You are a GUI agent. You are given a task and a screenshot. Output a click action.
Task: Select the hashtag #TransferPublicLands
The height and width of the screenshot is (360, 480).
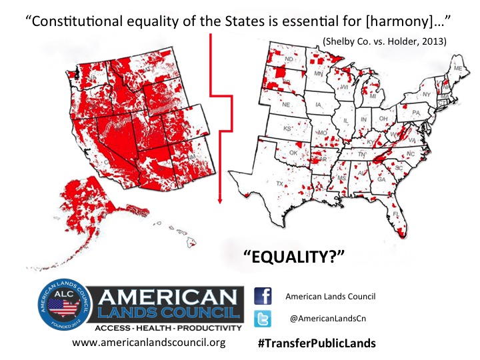click(316, 343)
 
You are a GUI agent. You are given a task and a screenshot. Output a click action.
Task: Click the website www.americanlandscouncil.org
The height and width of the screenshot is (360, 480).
click(149, 343)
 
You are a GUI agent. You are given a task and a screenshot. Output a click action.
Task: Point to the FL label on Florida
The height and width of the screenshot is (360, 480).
click(395, 214)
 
